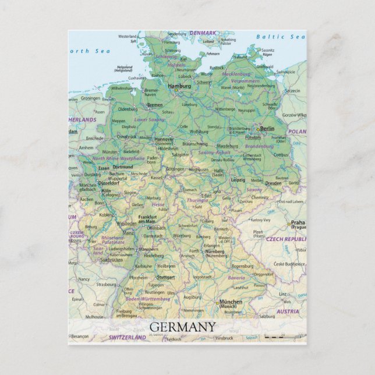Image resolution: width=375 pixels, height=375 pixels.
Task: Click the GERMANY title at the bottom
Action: pyautogui.click(x=182, y=327)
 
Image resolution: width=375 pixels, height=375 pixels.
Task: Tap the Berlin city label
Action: pyautogui.click(x=267, y=129)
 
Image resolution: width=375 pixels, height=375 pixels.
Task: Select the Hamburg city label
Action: pyautogui.click(x=179, y=86)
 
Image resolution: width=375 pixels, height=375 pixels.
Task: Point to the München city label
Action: pyautogui.click(x=230, y=302)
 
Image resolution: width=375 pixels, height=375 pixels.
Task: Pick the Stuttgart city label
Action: pyautogui.click(x=166, y=277)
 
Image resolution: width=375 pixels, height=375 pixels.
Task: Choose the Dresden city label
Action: pyautogui.click(x=273, y=182)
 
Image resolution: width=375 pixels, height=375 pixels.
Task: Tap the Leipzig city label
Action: pyautogui.click(x=238, y=180)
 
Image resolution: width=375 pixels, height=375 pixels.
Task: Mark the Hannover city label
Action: pyautogui.click(x=164, y=140)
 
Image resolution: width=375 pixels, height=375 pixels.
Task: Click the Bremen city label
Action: pyautogui.click(x=155, y=105)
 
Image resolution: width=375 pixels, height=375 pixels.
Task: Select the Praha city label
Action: pyautogui.click(x=298, y=222)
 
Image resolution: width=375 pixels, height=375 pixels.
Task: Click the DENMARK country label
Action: pyautogui.click(x=203, y=33)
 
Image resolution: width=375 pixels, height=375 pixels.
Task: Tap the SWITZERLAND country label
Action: pyautogui.click(x=128, y=337)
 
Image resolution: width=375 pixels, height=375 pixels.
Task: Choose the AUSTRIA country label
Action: pyautogui.click(x=287, y=312)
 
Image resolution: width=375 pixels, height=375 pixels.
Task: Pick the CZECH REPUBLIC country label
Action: pyautogui.click(x=286, y=239)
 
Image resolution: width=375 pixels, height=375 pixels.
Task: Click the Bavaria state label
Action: pyautogui.click(x=236, y=278)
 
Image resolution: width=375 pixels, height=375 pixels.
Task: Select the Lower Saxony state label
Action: pyautogui.click(x=149, y=119)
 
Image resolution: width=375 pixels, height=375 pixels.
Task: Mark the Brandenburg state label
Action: pyautogui.click(x=259, y=146)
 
